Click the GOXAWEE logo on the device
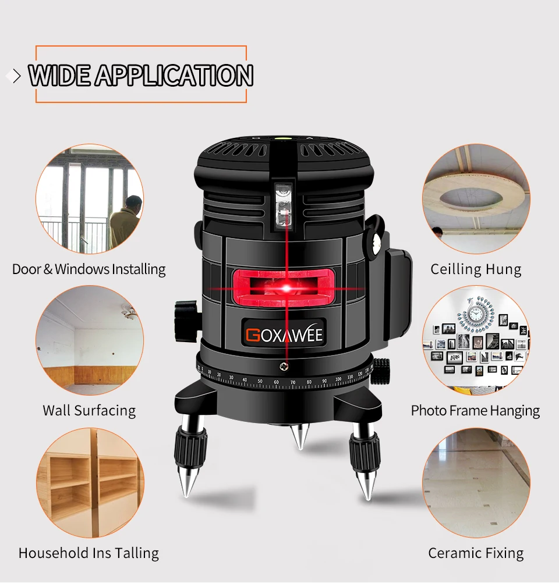pos(284,335)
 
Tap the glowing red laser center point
pos(286,287)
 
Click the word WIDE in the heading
pos(59,76)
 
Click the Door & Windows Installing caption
pos(89,269)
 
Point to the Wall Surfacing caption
pos(89,410)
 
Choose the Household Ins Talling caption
pos(89,553)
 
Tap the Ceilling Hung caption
pos(476,269)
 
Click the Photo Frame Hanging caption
pos(475,410)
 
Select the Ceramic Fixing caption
pos(476,553)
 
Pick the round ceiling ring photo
pos(476,198)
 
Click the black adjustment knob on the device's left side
pos(185,317)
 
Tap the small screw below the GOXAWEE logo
pos(284,366)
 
